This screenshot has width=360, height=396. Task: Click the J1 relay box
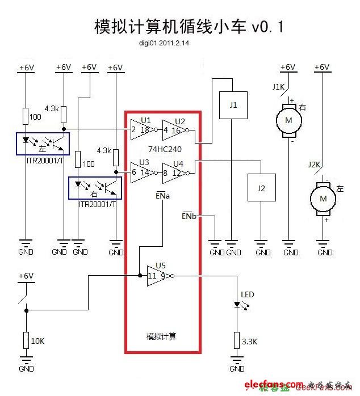pos(233,106)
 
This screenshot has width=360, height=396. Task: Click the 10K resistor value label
pos(37,341)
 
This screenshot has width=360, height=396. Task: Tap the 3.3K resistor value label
pos(250,342)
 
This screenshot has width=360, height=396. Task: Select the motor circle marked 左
pos(323,198)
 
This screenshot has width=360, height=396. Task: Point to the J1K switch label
pos(278,87)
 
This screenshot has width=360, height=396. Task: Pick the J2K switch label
pos(314,165)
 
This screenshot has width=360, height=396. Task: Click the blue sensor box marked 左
pos(43,143)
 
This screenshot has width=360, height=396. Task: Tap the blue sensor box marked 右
pos(95,188)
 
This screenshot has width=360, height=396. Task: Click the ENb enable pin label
pos(189,216)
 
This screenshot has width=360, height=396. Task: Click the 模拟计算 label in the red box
pos(161,336)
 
